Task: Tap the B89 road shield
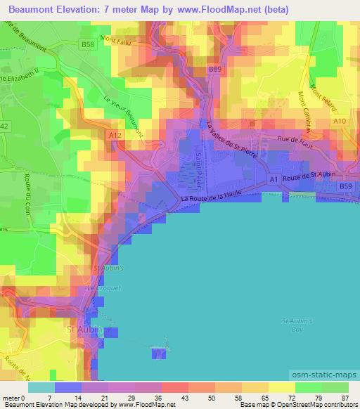tap(215, 70)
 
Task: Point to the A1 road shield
tap(274, 180)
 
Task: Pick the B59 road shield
tap(345, 186)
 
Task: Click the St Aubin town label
tap(84, 330)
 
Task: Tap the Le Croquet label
tap(99, 288)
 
